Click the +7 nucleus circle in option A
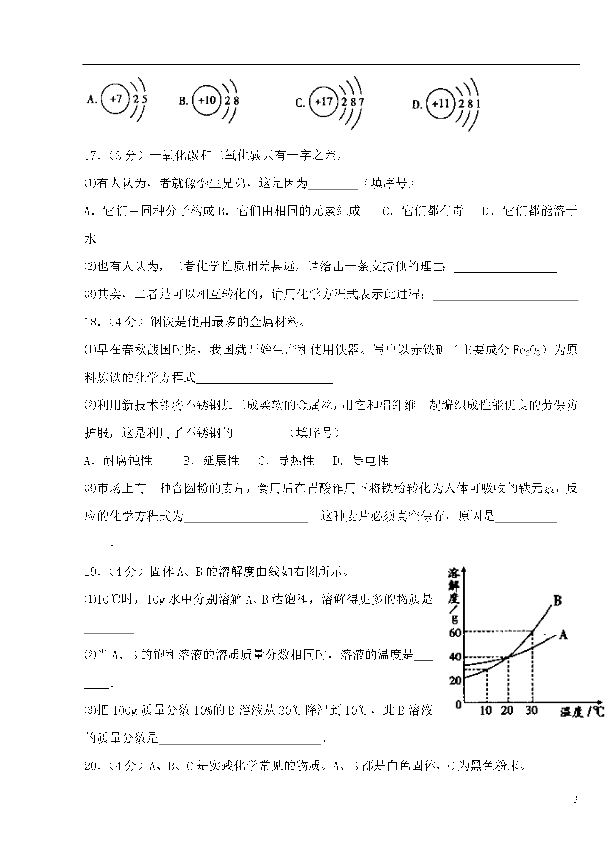coord(116,99)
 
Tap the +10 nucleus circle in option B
coord(207,100)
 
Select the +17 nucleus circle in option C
coord(323,102)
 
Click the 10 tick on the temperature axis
coord(486,711)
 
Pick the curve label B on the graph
coord(557,601)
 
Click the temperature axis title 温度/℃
coord(582,712)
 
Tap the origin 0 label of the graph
coord(458,704)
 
